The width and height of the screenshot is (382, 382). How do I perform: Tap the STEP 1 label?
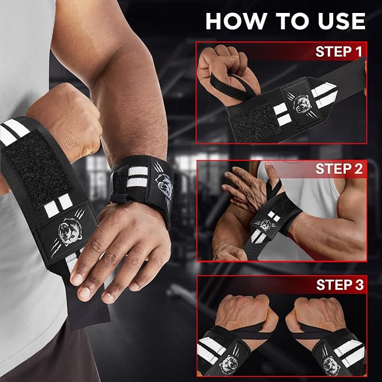click(x=339, y=51)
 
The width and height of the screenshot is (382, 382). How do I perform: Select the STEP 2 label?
click(x=339, y=169)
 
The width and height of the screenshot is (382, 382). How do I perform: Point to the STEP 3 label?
click(x=340, y=285)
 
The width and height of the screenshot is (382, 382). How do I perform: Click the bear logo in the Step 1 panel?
click(x=301, y=104)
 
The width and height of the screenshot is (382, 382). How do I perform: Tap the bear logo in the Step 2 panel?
click(x=266, y=224)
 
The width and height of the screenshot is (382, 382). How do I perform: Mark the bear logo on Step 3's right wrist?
click(x=331, y=364)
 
